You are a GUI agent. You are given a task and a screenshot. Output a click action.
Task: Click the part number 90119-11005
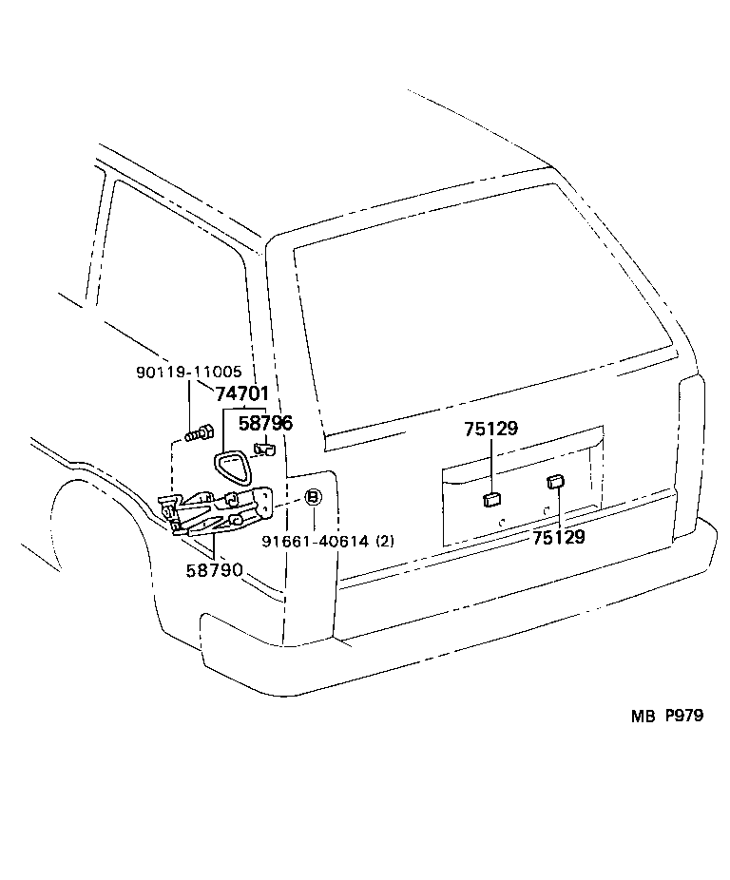coord(187,373)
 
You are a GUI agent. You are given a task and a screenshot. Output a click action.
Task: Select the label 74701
coord(241,393)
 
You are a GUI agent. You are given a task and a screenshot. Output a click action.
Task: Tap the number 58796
coord(265,423)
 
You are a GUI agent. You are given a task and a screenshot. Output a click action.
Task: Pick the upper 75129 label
coord(491,429)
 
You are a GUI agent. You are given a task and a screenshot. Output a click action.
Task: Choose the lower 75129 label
coord(558,537)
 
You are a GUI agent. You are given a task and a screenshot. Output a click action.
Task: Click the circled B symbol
coord(313,498)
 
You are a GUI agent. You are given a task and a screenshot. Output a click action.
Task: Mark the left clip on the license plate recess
coord(491,498)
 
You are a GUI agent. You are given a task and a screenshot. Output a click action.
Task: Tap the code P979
coord(683,717)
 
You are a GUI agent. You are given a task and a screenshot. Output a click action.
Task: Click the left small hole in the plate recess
coord(502,522)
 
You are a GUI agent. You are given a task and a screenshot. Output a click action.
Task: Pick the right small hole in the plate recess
coord(546,510)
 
